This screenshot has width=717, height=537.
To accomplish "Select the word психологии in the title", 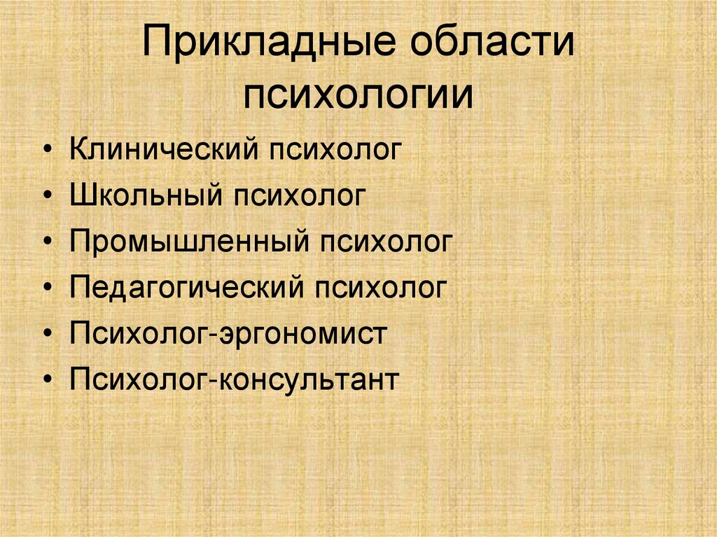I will (358, 96).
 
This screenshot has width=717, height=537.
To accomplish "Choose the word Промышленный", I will (189, 242).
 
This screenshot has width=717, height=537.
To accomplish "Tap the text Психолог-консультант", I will (234, 379).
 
